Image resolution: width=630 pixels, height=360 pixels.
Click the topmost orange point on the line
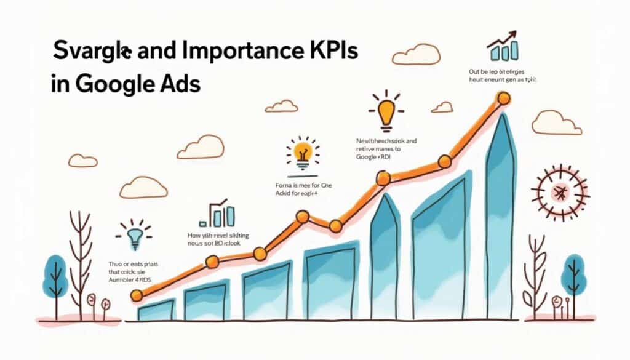click(x=503, y=98)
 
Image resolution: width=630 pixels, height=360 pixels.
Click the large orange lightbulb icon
click(x=386, y=111)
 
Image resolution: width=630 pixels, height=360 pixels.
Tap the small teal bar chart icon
click(x=219, y=215)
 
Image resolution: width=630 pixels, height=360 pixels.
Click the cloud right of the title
click(x=415, y=55)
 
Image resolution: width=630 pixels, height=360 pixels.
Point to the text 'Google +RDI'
click(x=373, y=158)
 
